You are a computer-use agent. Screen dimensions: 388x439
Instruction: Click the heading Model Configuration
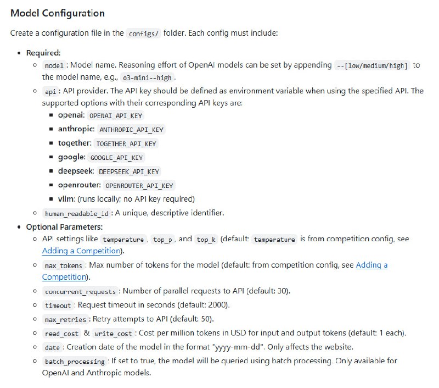point(58,13)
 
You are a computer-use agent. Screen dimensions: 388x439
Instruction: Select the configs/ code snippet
point(144,33)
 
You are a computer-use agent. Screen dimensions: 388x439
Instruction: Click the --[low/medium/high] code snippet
point(373,65)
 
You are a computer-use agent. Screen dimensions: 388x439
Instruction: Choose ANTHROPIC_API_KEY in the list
point(131,130)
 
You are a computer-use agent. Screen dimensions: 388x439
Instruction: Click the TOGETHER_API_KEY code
point(126,143)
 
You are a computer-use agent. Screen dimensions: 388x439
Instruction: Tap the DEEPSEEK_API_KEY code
point(130,171)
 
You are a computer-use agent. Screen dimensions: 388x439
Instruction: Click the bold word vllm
point(66,199)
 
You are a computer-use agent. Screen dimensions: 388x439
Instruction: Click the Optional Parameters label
point(64,227)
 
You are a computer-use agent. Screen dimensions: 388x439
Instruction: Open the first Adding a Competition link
point(81,251)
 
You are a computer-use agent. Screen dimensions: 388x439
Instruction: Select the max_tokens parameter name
point(64,265)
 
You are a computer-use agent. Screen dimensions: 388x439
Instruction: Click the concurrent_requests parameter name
point(80,291)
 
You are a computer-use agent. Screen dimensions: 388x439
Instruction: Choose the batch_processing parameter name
point(75,361)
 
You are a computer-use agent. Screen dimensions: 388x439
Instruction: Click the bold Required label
point(44,53)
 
